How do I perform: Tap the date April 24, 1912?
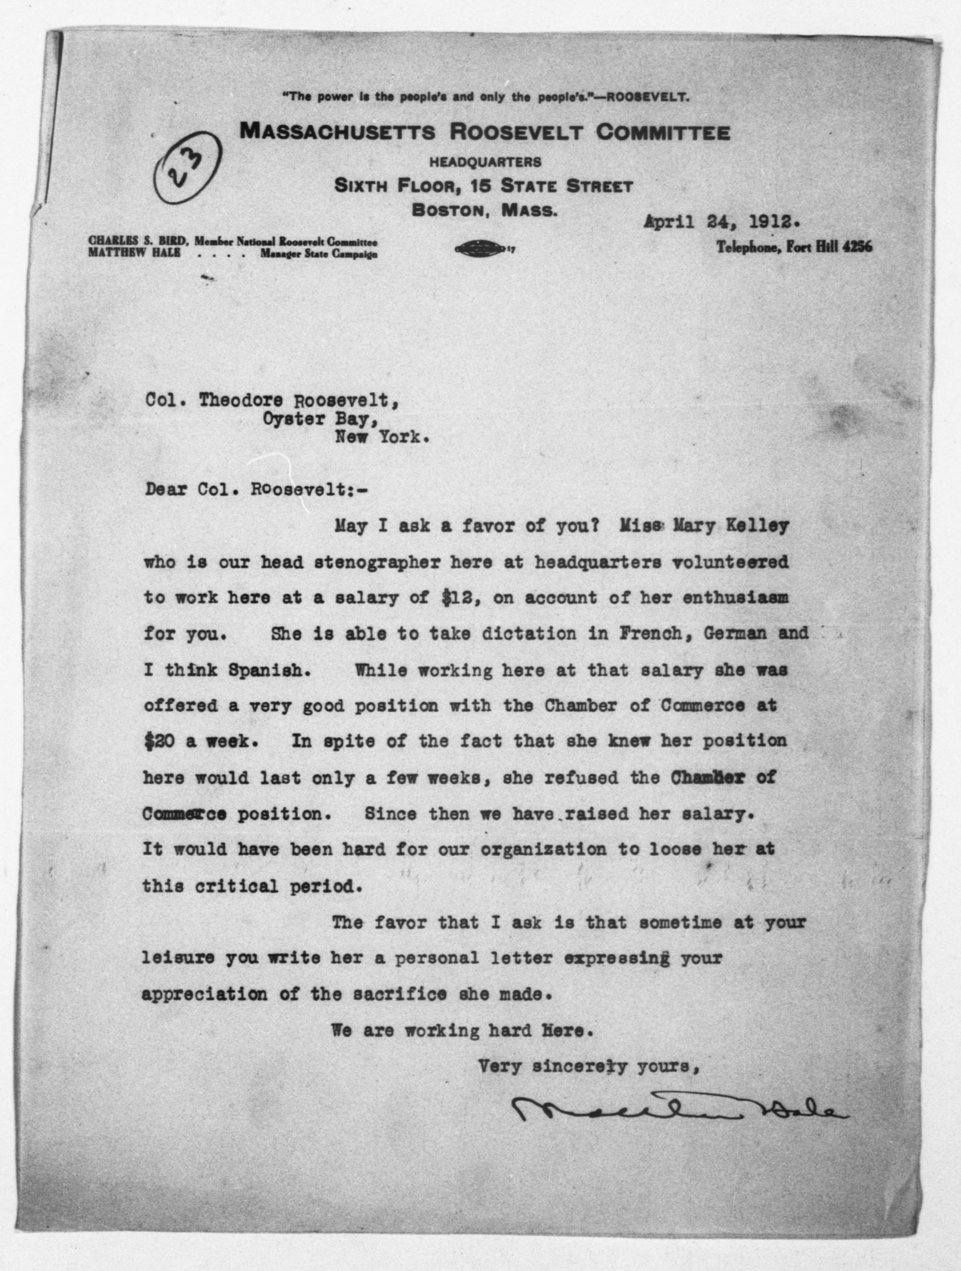721,222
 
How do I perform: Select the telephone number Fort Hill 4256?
794,247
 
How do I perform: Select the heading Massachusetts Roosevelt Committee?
485,133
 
